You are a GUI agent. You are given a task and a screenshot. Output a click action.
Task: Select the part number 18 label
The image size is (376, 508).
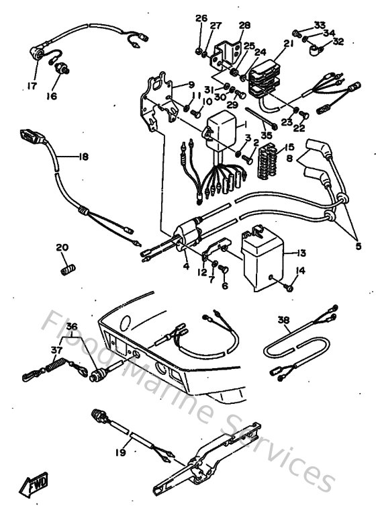coord(82,157)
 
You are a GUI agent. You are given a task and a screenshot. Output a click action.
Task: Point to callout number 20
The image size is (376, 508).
coord(62,247)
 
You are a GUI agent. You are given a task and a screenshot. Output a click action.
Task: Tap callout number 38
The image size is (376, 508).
coord(284,321)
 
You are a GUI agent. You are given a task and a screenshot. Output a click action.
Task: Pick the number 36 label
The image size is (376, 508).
coord(72,327)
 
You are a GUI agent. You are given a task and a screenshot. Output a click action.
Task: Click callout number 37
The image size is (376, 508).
coord(57,349)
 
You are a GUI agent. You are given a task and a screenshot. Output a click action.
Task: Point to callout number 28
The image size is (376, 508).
coord(244,26)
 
